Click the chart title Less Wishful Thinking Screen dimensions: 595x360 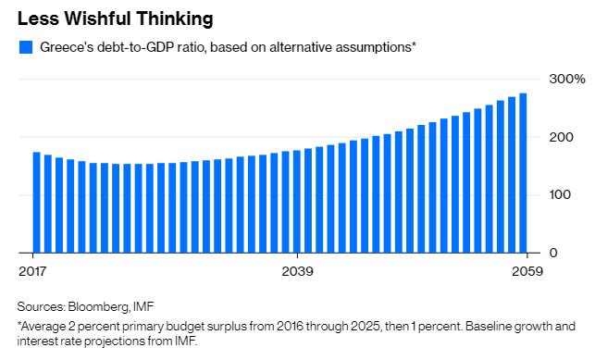click(x=116, y=19)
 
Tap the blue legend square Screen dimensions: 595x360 click(x=25, y=47)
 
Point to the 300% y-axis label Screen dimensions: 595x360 click(x=567, y=79)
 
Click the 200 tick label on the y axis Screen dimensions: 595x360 click(x=560, y=137)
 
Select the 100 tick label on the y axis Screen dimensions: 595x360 click(x=560, y=194)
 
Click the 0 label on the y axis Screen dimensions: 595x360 click(x=553, y=253)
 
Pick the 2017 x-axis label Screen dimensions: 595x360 click(x=32, y=271)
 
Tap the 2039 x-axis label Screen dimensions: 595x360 click(x=298, y=271)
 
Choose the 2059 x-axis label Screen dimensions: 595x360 click(x=527, y=271)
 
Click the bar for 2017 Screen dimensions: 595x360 click(x=36, y=202)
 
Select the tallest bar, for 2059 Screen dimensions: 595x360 click(x=523, y=173)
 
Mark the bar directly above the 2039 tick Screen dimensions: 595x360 click(x=297, y=202)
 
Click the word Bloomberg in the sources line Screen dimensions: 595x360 click(x=98, y=306)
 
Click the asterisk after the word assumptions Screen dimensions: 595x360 click(x=414, y=44)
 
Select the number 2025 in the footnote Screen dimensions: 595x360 click(x=365, y=327)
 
